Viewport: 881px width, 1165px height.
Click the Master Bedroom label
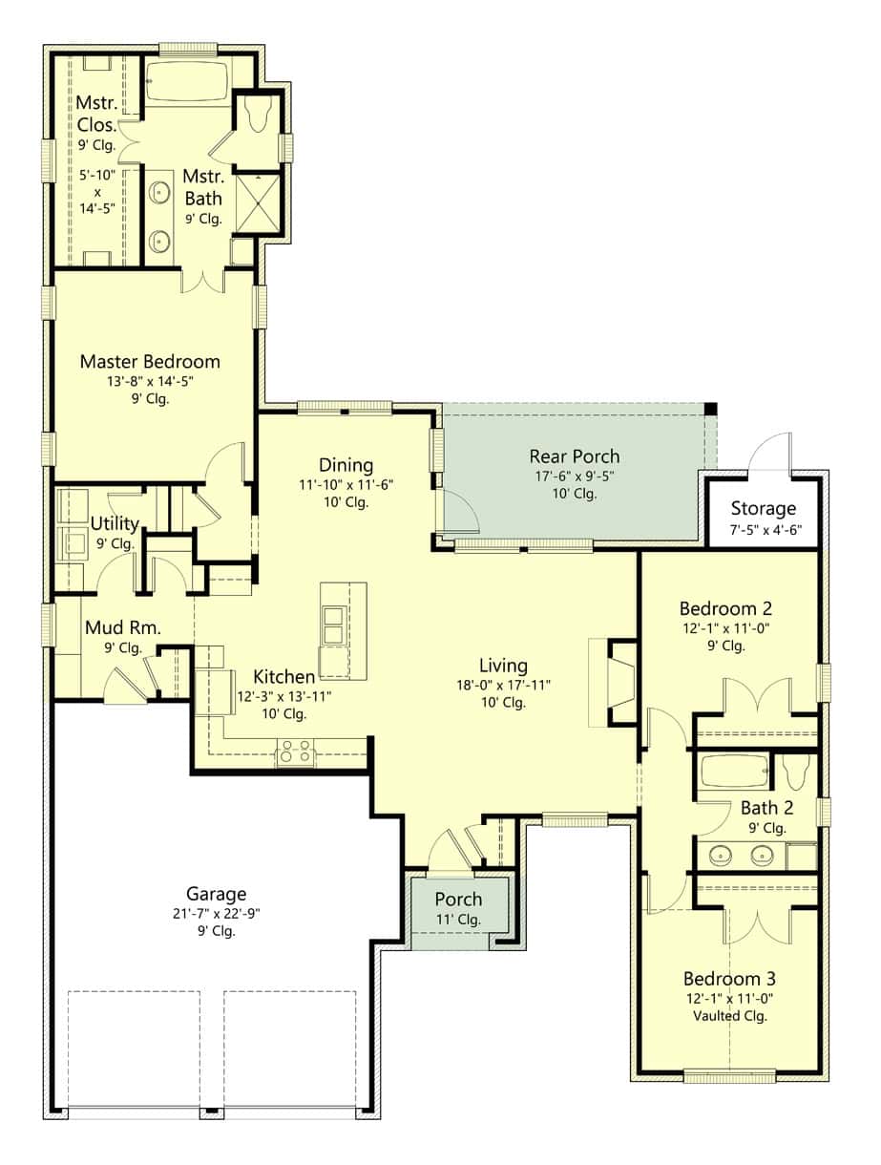150,362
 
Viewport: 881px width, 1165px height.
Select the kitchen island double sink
333,627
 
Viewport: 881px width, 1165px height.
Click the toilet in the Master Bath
258,116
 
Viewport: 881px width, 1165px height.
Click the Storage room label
763,508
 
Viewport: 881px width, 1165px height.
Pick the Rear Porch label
575,456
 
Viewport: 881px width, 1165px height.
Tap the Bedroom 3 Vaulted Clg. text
729,1016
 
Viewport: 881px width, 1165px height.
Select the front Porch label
458,900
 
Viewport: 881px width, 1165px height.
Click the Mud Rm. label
122,628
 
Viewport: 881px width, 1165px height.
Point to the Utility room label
115,523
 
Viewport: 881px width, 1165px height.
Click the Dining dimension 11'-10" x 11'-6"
346,484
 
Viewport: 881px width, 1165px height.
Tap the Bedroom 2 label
725,608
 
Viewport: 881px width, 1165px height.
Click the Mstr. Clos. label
97,113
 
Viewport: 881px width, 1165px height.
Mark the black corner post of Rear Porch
710,409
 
